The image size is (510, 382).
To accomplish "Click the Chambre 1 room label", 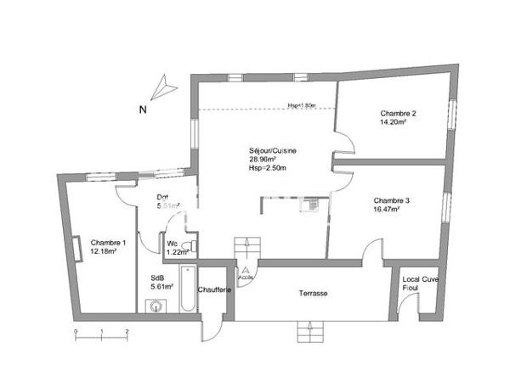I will pyautogui.click(x=108, y=243).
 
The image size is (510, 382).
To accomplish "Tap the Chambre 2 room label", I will pyautogui.click(x=398, y=113).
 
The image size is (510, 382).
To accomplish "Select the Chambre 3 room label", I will pyautogui.click(x=392, y=200).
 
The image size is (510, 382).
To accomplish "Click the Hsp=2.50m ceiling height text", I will pyautogui.click(x=268, y=168).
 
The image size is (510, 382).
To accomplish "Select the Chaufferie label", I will pyautogui.click(x=215, y=290).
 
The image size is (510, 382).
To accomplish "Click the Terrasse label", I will pyautogui.click(x=313, y=294).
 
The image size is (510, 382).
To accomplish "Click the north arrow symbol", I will pyautogui.click(x=163, y=86).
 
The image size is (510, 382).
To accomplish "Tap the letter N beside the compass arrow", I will pyautogui.click(x=144, y=110).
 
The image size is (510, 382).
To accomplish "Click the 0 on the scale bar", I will pyautogui.click(x=75, y=329).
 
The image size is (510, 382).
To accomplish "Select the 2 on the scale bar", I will pyautogui.click(x=127, y=329).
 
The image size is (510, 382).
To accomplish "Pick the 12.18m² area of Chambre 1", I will pyautogui.click(x=108, y=252).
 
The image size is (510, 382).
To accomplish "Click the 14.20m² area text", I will pyautogui.click(x=393, y=122).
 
